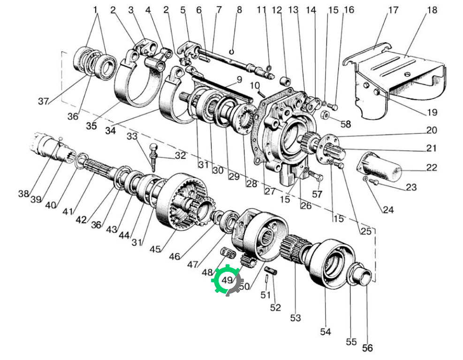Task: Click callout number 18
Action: pyautogui.click(x=432, y=10)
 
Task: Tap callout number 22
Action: pyautogui.click(x=432, y=168)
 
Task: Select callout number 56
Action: pyautogui.click(x=367, y=348)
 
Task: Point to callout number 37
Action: pyautogui.click(x=44, y=101)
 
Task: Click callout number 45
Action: pyautogui.click(x=155, y=249)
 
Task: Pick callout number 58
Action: pyautogui.click(x=346, y=124)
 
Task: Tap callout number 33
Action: pyautogui.click(x=132, y=136)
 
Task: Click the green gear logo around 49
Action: pyautogui.click(x=227, y=279)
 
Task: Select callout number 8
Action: pyautogui.click(x=239, y=10)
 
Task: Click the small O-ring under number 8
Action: pyautogui.click(x=232, y=52)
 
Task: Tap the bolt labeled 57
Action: pyautogui.click(x=317, y=177)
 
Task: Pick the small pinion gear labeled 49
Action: pyautogui.click(x=248, y=260)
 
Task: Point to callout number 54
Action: pyautogui.click(x=326, y=332)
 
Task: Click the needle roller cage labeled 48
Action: pyautogui.click(x=228, y=253)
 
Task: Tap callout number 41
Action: pyautogui.click(x=68, y=212)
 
